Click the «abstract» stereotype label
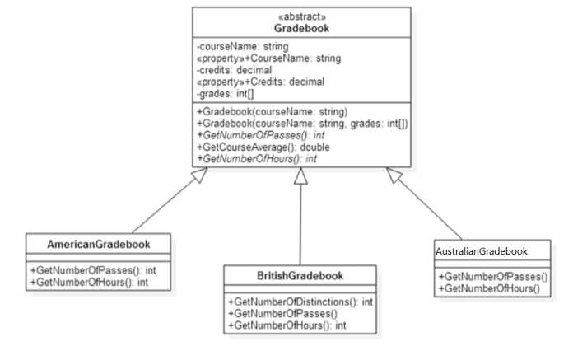301,16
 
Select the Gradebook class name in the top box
301,28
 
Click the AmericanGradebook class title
99,245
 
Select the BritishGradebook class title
300,275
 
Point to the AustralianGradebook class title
481,250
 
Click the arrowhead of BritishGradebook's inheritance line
300,175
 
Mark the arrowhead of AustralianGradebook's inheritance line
394,174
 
